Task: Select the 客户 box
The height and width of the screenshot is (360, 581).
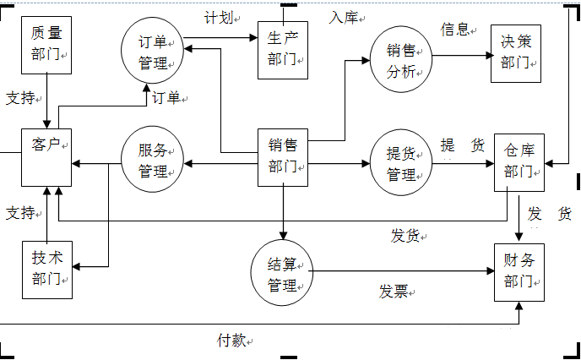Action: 47,157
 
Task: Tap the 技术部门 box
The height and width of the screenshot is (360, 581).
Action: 47,269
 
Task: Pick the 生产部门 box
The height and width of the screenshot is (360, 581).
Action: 283,49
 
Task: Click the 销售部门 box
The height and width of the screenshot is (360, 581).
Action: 283,156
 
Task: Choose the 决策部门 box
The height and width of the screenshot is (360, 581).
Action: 516,52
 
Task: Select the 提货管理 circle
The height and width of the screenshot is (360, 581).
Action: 401,163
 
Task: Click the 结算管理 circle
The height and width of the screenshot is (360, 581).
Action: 281,272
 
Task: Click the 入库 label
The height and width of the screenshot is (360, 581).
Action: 345,16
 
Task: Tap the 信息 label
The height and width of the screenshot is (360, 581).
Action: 454,30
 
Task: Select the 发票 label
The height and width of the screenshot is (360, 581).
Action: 393,292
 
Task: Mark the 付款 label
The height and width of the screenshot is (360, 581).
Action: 231,340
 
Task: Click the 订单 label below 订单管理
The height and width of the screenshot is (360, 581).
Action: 166,98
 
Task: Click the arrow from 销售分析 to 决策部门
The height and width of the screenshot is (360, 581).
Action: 460,57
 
